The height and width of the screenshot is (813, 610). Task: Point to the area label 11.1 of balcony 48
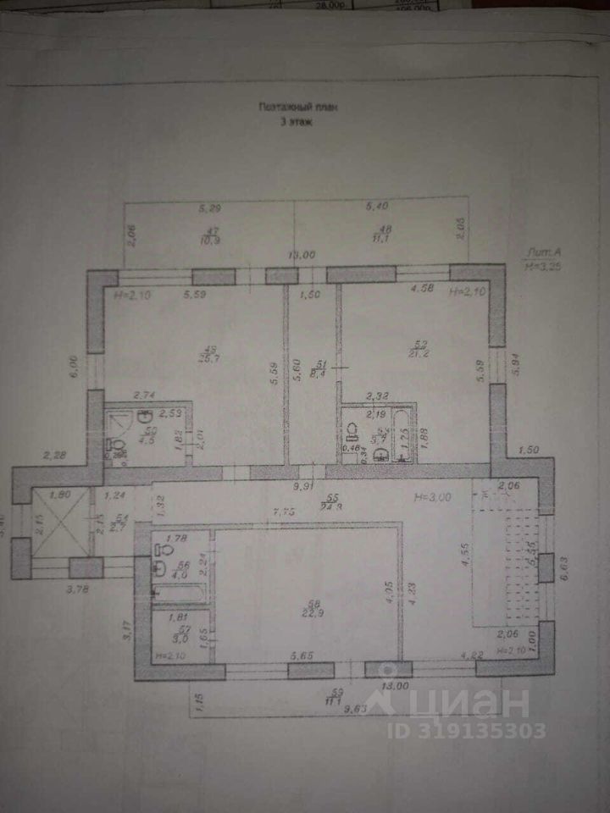[x=380, y=238]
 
